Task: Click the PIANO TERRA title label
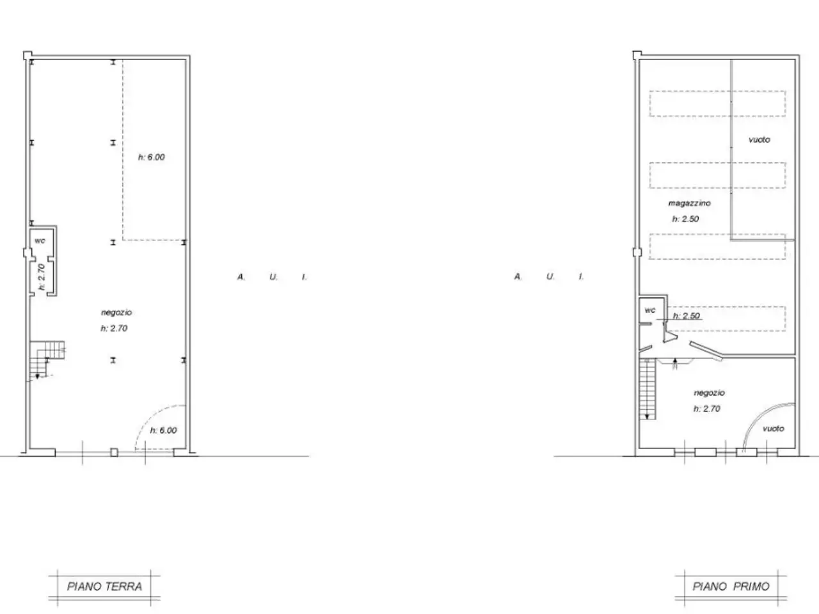[104, 586]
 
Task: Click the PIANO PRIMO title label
[731, 586]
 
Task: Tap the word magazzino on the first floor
[689, 203]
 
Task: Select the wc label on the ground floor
[40, 240]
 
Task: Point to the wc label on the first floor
[649, 310]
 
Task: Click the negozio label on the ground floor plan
[116, 312]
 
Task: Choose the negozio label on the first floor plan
[710, 393]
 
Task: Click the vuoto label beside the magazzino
[759, 139]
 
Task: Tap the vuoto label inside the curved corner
[774, 429]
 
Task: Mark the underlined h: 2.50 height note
[686, 316]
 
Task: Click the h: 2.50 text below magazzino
[685, 219]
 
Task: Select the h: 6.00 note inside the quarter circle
[163, 430]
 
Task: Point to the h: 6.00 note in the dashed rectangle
[152, 157]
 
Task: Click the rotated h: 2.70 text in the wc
[42, 277]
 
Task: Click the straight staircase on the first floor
[648, 388]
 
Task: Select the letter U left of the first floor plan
[550, 276]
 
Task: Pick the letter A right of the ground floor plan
[241, 277]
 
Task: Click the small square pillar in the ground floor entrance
[114, 452]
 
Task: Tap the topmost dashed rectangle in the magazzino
[717, 104]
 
